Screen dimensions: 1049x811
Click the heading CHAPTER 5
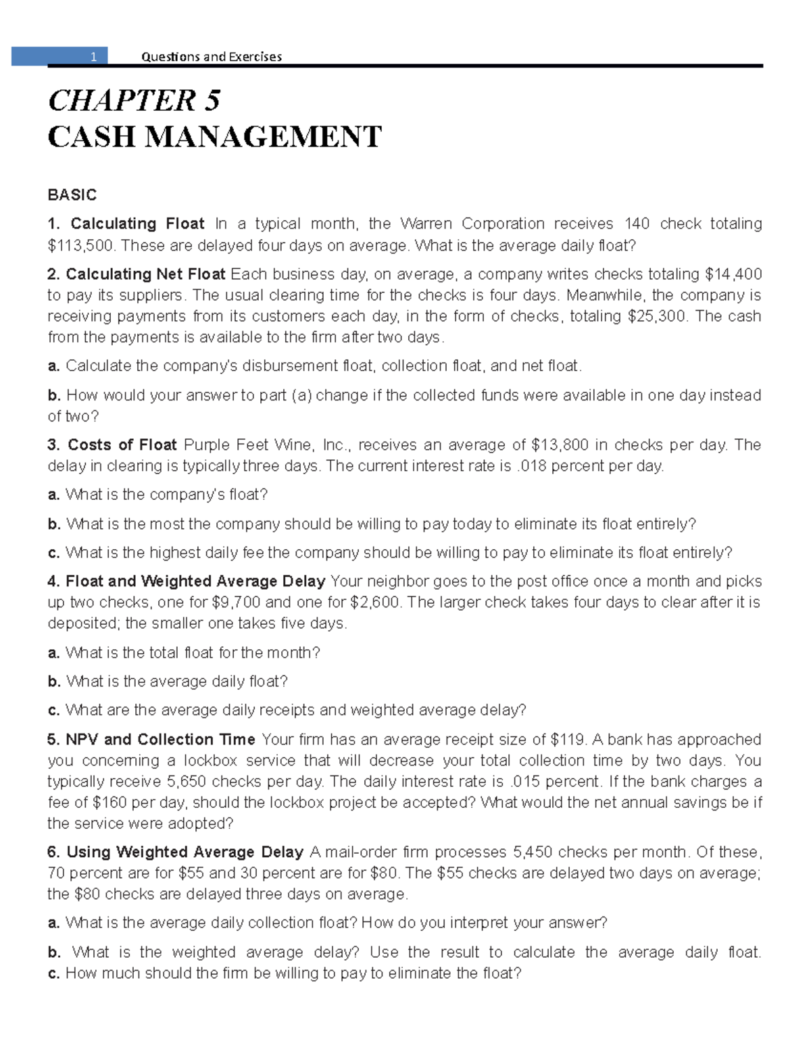coord(134,101)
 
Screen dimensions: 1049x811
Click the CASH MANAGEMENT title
coord(214,137)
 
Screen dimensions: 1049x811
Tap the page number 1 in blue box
coord(95,57)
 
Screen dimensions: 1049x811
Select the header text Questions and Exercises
coord(211,57)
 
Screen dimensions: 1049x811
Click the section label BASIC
coord(72,195)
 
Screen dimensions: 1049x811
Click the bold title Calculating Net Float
coord(145,274)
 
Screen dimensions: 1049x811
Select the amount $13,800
coord(559,445)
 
